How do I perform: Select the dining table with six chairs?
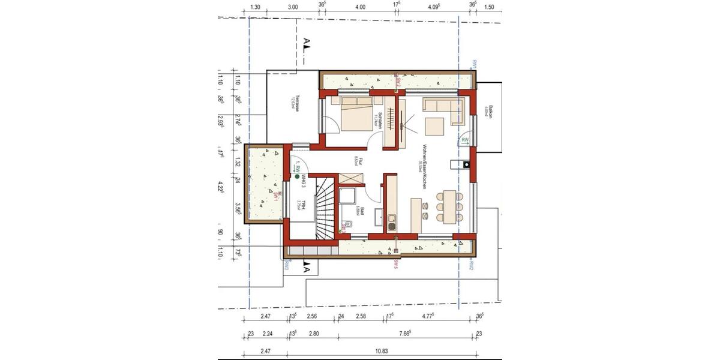point(450,207)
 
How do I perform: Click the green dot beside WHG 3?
point(296,177)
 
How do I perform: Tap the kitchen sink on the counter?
point(392,222)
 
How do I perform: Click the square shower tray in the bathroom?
point(347,197)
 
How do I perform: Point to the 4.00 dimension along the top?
point(359,7)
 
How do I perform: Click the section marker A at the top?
point(307,42)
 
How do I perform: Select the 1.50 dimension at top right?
point(488,7)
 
